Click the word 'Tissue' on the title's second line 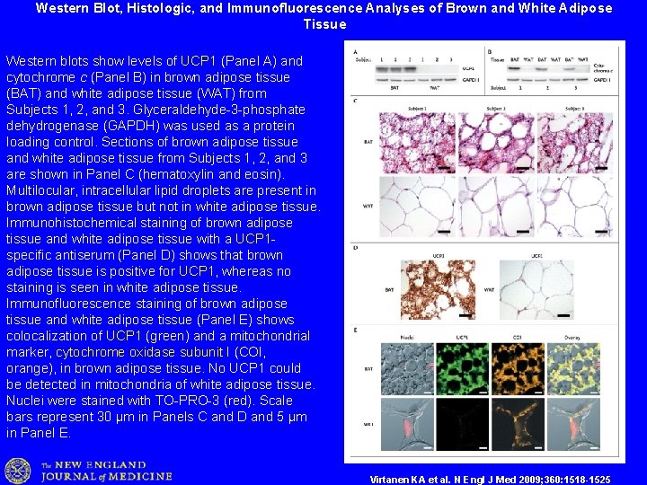point(324,24)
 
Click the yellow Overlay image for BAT point(573,369)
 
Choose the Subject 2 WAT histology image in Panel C point(496,207)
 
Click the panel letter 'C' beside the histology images point(356,101)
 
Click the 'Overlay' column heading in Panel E point(573,337)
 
